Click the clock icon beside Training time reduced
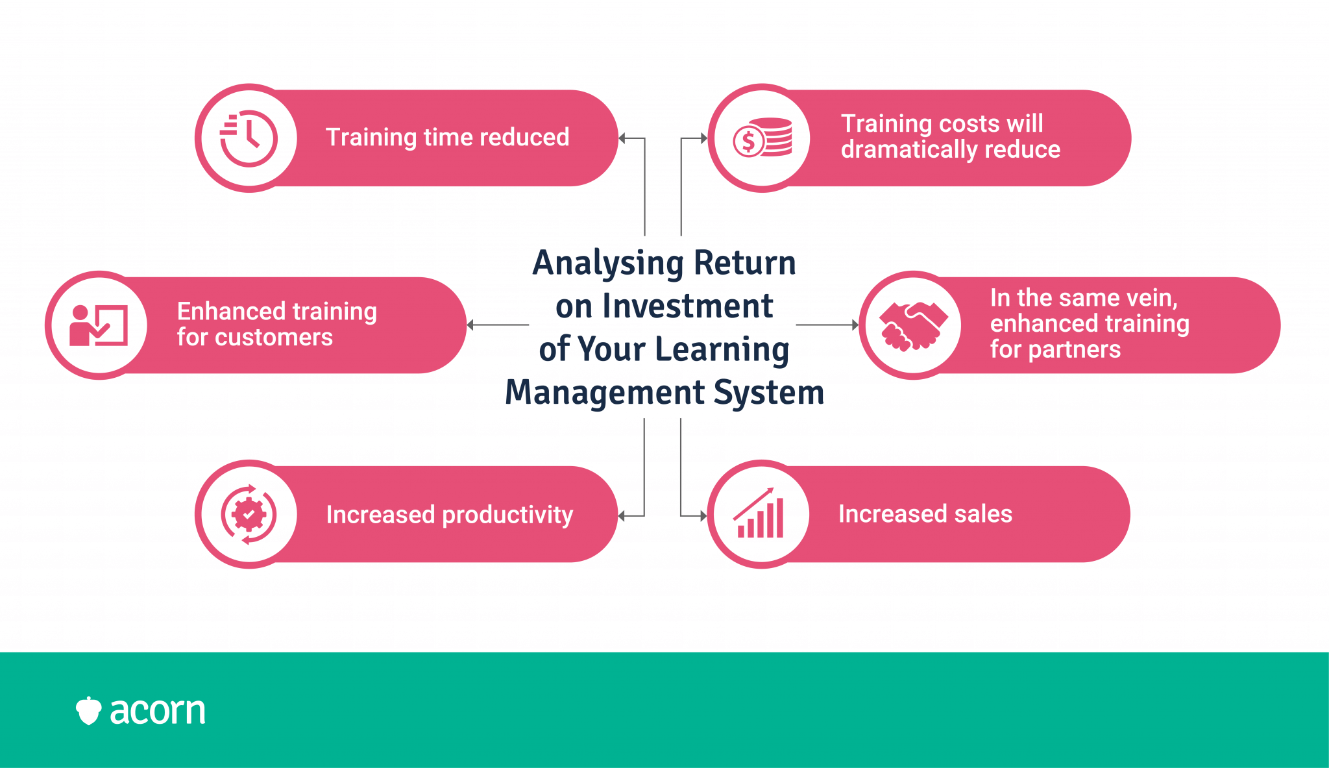(x=249, y=138)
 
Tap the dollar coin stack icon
(x=762, y=138)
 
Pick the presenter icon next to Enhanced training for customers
(x=99, y=325)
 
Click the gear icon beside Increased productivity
(x=249, y=514)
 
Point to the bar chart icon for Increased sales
(x=759, y=513)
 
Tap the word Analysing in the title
(x=608, y=264)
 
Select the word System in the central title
(x=769, y=392)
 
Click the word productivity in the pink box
(x=507, y=515)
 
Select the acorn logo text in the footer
(x=158, y=711)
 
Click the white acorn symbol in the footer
(x=88, y=711)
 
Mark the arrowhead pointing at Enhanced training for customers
(x=470, y=325)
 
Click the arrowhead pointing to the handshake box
(x=855, y=325)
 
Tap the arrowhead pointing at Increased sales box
(x=703, y=516)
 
